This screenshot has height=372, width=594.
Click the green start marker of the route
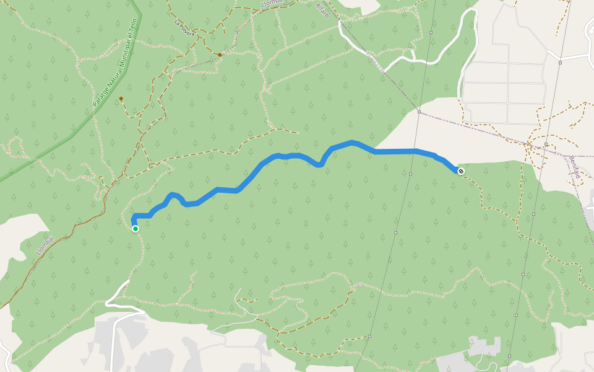[136, 229]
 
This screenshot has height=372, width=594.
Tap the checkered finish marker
[460, 171]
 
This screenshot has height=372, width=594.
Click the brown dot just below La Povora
[220, 55]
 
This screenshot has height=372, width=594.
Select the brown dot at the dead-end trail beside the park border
[121, 99]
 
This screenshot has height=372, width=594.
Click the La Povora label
[184, 29]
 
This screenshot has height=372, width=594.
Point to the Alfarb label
[323, 11]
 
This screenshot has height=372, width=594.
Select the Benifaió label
[575, 166]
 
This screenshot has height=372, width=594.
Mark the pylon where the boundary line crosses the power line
[419, 112]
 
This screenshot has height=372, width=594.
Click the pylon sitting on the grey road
[560, 63]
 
